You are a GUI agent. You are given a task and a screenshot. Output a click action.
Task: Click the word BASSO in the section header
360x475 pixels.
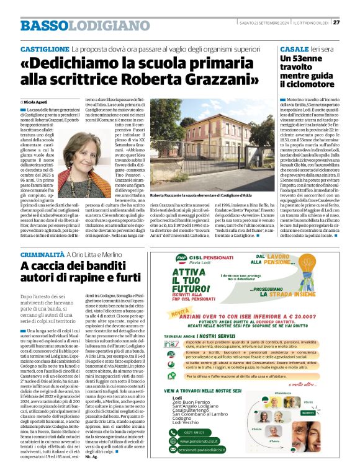[43, 25]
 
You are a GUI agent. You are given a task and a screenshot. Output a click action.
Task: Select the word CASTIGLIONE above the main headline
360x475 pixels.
[45, 48]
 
